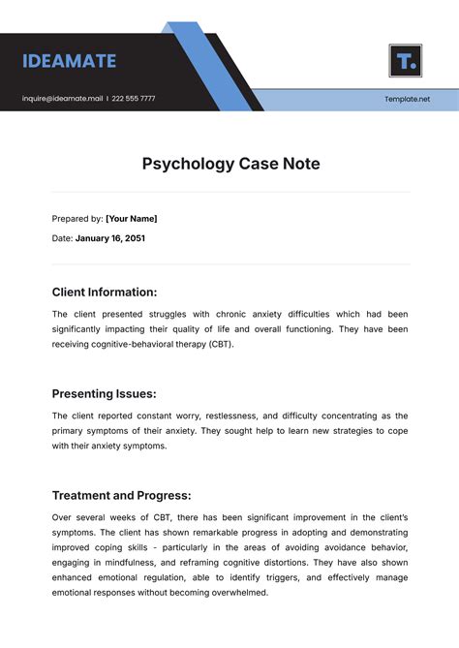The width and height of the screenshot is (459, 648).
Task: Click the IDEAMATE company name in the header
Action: click(x=69, y=61)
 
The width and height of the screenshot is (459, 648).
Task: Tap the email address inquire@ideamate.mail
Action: click(x=62, y=99)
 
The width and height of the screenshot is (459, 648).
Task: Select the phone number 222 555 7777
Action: click(x=133, y=99)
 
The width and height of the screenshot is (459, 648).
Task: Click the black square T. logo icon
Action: click(x=405, y=60)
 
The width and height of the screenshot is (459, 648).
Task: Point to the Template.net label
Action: click(x=407, y=99)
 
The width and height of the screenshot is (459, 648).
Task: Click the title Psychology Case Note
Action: click(x=230, y=164)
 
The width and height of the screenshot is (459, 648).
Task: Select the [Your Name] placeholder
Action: click(x=131, y=219)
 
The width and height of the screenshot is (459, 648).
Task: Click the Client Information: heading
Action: click(x=104, y=292)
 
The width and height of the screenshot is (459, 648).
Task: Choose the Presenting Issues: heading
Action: click(x=104, y=394)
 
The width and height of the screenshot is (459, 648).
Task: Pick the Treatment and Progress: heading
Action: click(x=122, y=495)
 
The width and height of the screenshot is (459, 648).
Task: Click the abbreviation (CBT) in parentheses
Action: click(x=218, y=344)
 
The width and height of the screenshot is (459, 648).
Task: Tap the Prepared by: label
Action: click(x=76, y=219)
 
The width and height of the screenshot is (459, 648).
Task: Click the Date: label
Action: click(x=62, y=238)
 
